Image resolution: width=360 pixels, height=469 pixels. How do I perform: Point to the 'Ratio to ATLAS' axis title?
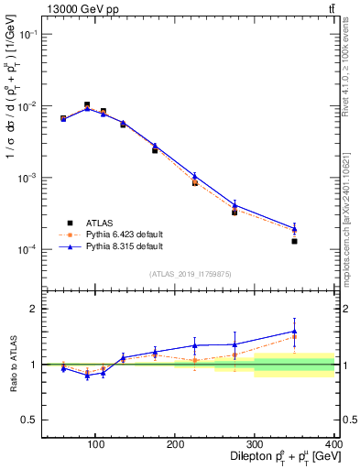pyautogui.click(x=12, y=365)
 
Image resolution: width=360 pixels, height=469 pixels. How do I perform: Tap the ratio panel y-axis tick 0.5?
pyautogui.click(x=31, y=420)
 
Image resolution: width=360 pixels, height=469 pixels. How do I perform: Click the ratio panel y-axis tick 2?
pyautogui.click(x=36, y=309)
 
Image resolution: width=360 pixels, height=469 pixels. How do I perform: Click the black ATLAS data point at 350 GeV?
pyautogui.click(x=294, y=241)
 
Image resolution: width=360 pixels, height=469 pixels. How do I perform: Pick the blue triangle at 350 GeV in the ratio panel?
pyautogui.click(x=294, y=332)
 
